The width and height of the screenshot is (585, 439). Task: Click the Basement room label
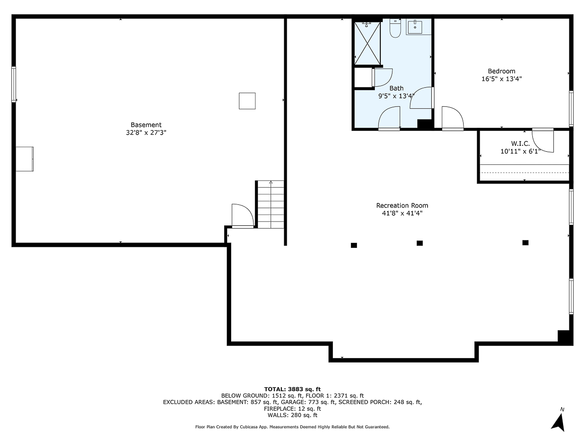click(x=146, y=125)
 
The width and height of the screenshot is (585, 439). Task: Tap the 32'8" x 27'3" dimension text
click(x=146, y=132)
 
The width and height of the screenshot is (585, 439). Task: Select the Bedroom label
click(x=501, y=71)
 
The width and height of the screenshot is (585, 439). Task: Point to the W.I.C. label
click(x=520, y=144)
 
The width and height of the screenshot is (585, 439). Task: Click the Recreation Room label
click(x=402, y=205)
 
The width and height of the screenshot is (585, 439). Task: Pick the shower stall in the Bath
click(x=367, y=42)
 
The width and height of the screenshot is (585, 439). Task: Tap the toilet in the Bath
click(x=395, y=29)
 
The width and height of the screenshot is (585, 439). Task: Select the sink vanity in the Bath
click(x=415, y=27)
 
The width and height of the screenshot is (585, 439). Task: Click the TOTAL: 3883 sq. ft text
click(x=292, y=389)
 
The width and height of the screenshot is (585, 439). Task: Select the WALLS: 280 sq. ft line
click(x=292, y=416)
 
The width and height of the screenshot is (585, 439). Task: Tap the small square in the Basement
click(x=247, y=101)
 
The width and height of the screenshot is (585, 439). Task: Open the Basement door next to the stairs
click(x=242, y=216)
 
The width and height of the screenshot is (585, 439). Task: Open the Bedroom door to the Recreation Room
click(x=452, y=119)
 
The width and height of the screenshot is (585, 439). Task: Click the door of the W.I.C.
click(x=543, y=140)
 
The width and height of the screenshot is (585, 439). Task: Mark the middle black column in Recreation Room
click(x=419, y=243)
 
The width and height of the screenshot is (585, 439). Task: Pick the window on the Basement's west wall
click(x=14, y=84)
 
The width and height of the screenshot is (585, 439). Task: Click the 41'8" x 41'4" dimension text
click(x=402, y=213)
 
